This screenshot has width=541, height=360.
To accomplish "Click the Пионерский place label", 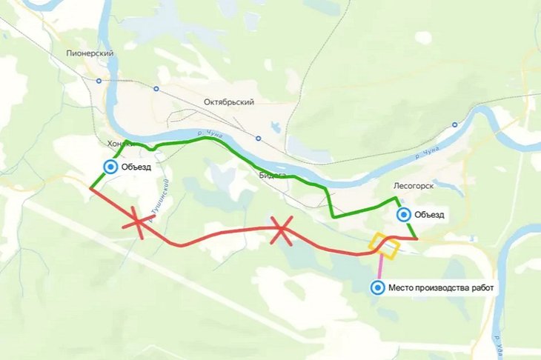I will pyautogui.click(x=89, y=54).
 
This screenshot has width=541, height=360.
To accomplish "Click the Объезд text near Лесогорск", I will pyautogui.click(x=430, y=216).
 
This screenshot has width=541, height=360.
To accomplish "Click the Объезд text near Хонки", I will pyautogui.click(x=137, y=167).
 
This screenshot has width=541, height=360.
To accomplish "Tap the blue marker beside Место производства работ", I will pyautogui.click(x=379, y=287).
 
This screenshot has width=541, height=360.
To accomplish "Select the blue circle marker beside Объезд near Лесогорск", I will pyautogui.click(x=404, y=215).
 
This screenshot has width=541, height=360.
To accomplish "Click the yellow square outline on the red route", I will pyautogui.click(x=385, y=246).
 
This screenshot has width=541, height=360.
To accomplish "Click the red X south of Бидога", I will pyautogui.click(x=280, y=230).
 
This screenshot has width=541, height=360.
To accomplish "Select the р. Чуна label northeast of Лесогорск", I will pyautogui.click(x=428, y=152).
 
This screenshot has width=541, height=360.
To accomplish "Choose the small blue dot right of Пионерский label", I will pyautogui.click(x=99, y=81).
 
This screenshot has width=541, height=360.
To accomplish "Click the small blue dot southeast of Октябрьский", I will pyautogui.click(x=257, y=138).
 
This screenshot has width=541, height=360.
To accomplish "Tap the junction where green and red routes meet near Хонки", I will pyautogui.click(x=90, y=188).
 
